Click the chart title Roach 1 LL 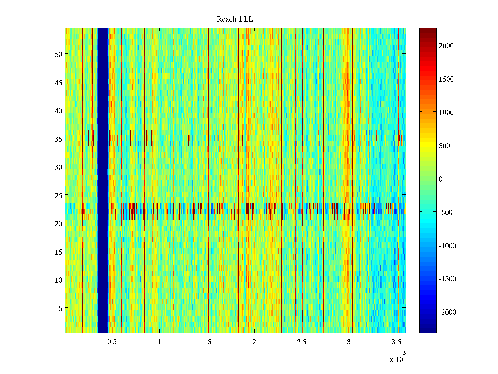235,19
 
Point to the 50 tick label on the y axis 59,54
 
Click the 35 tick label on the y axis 59,139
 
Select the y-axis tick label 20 59,223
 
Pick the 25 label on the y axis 59,195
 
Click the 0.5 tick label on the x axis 112,342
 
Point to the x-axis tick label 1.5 207,342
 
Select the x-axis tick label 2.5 302,342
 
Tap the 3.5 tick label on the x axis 396,342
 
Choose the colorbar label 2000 446,46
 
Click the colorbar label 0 441,179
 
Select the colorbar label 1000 446,113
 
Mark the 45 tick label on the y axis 59,83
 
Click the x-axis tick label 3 349,342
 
